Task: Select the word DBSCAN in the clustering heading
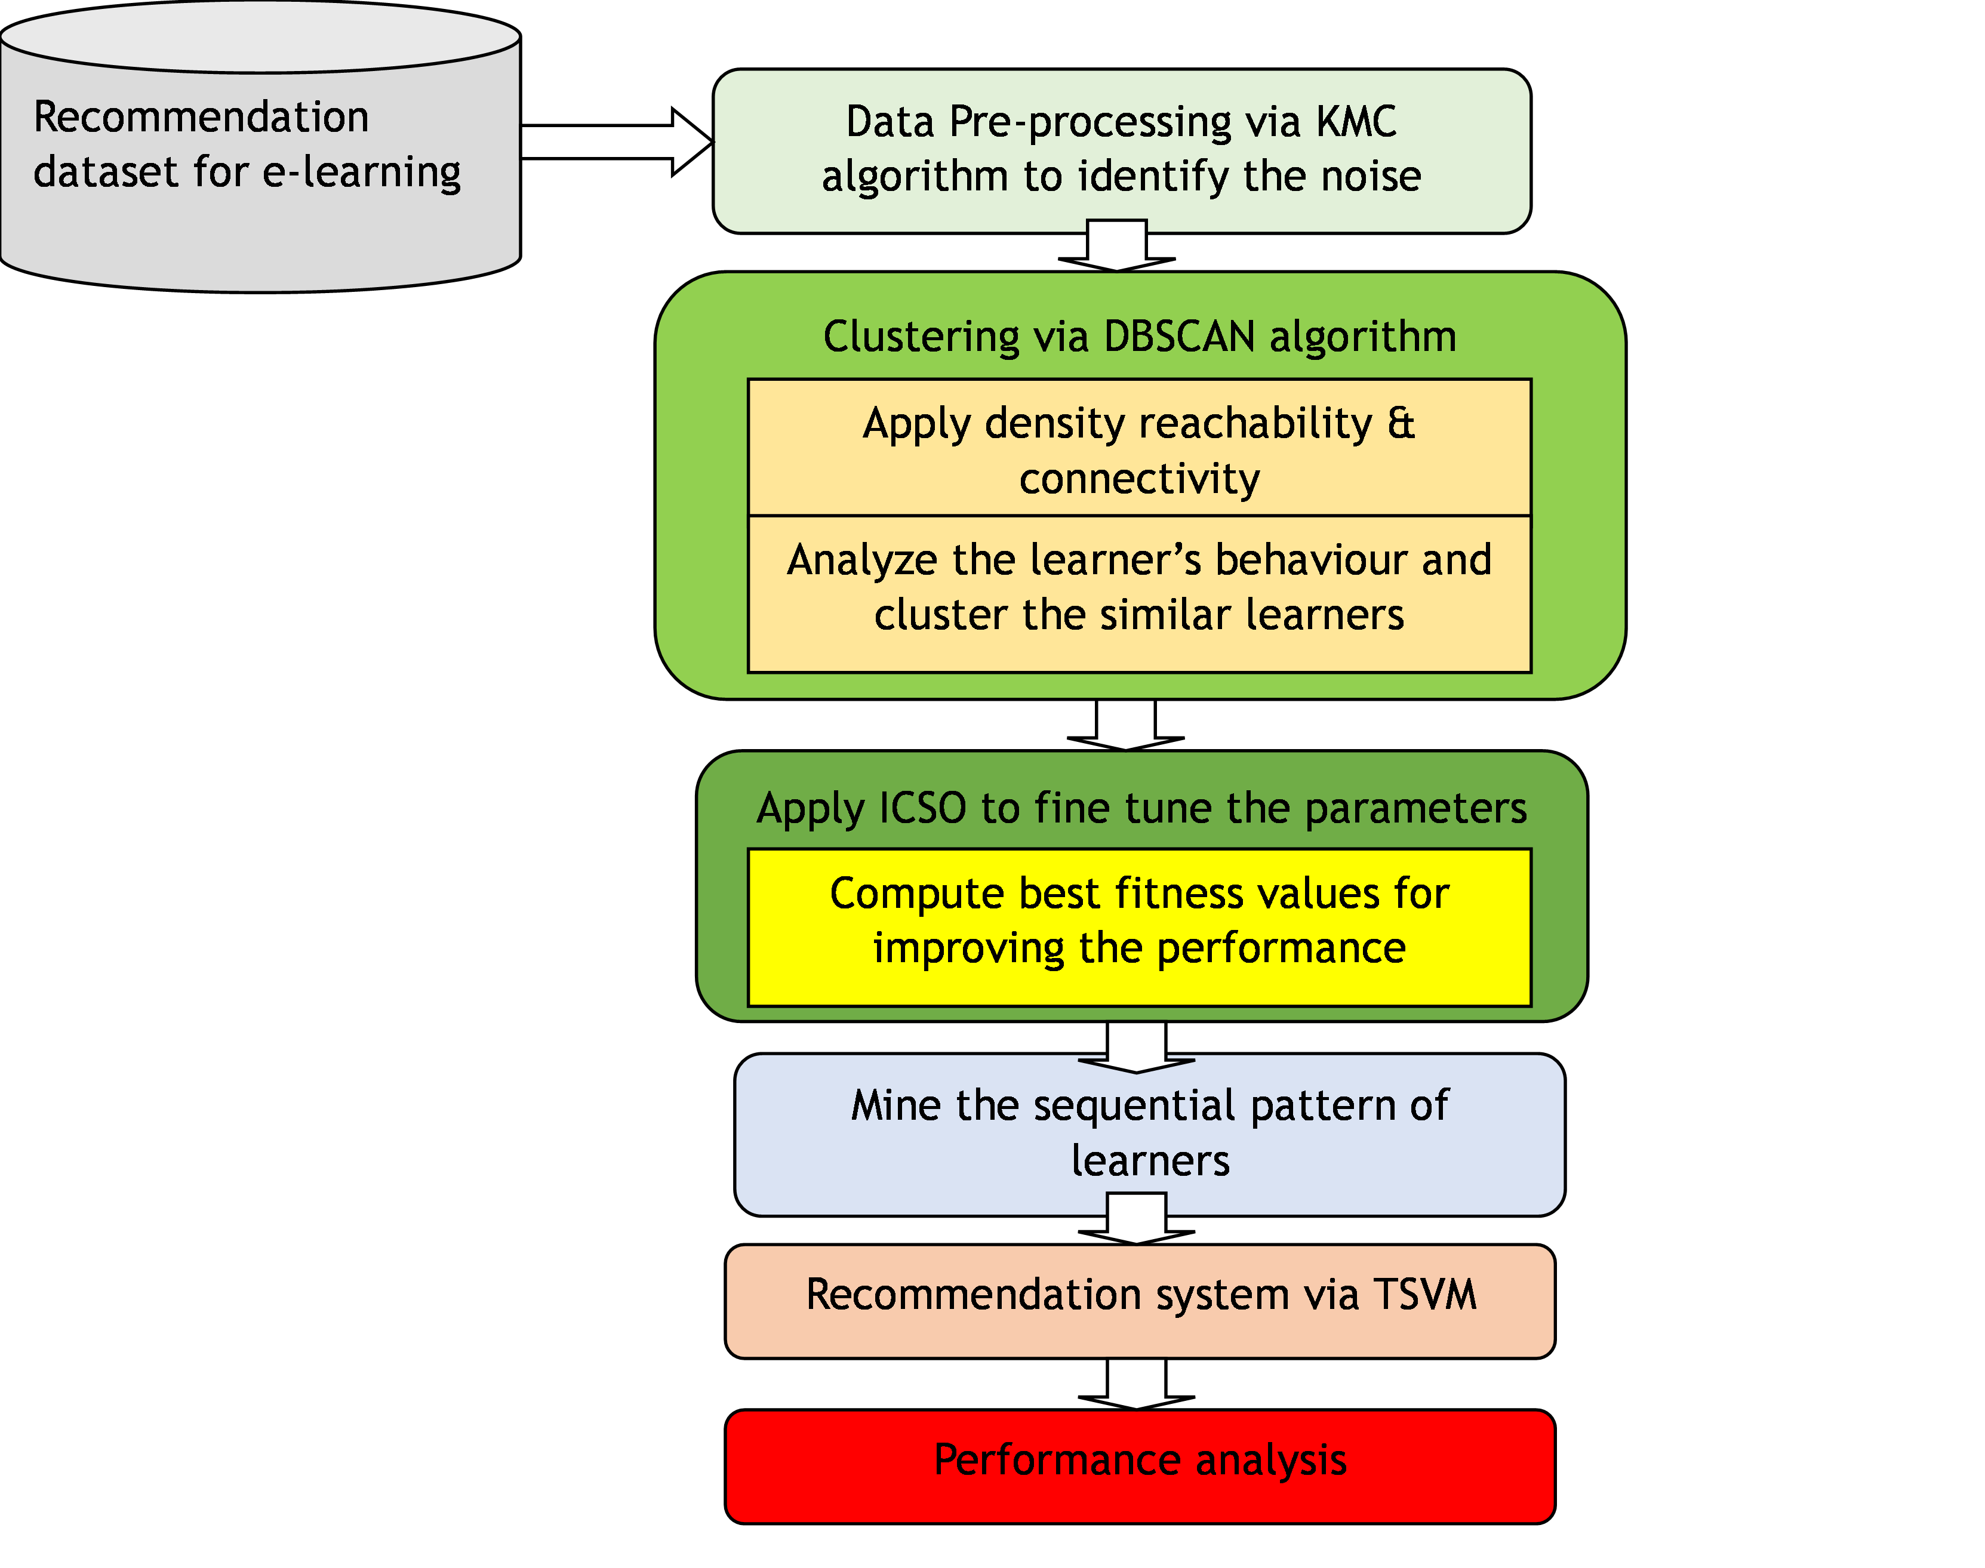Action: point(1179,337)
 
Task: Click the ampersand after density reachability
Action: point(1401,423)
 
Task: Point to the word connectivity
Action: point(1140,479)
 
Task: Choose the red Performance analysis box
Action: point(1140,1465)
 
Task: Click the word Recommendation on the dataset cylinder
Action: point(201,118)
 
